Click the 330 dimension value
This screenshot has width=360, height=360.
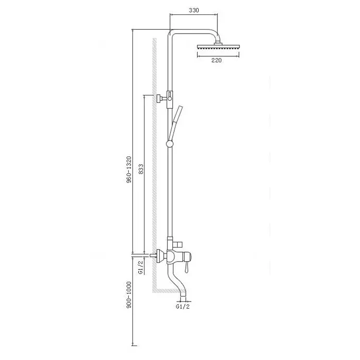pyautogui.click(x=194, y=11)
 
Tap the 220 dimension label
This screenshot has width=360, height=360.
pyautogui.click(x=216, y=60)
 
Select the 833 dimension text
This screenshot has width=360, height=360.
pyautogui.click(x=141, y=169)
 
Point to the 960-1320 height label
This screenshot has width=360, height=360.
pyautogui.click(x=129, y=169)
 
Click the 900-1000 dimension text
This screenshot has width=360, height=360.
pyautogui.click(x=129, y=295)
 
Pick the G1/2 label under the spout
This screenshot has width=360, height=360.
pyautogui.click(x=183, y=306)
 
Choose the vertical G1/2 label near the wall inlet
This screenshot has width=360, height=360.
pyautogui.click(x=141, y=267)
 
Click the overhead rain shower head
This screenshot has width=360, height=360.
pyautogui.click(x=218, y=47)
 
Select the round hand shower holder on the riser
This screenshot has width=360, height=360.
pyautogui.click(x=169, y=144)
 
